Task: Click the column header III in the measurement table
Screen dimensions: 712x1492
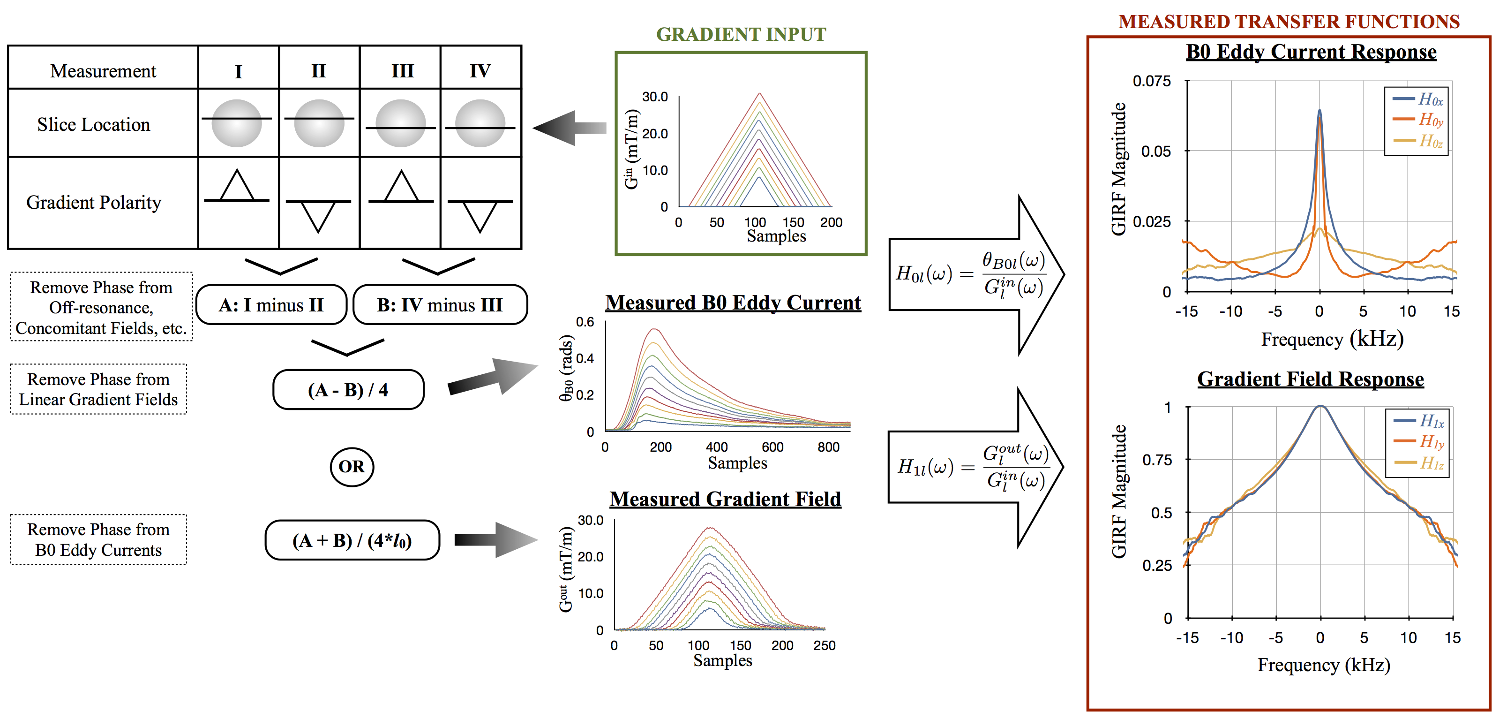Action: [x=403, y=71]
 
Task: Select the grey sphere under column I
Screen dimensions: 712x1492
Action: [x=237, y=123]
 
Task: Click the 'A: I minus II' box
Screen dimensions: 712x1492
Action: [x=271, y=305]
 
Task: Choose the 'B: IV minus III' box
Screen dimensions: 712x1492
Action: [x=440, y=305]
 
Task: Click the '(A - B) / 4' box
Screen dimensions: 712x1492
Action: [x=348, y=390]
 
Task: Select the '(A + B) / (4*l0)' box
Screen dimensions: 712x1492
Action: [x=352, y=540]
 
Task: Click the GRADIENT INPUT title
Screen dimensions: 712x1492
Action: [x=741, y=34]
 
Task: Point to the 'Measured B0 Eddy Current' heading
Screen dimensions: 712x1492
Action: [x=733, y=303]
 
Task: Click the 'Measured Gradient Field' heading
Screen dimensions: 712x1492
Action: [x=725, y=499]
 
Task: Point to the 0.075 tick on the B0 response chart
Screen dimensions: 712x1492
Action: [x=1151, y=81]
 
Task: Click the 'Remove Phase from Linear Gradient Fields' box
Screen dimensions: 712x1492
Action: [x=98, y=389]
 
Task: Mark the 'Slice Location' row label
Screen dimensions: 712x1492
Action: [x=93, y=125]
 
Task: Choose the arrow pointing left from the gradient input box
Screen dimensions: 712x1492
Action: [x=570, y=128]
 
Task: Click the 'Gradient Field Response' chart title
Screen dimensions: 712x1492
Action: [x=1310, y=379]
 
